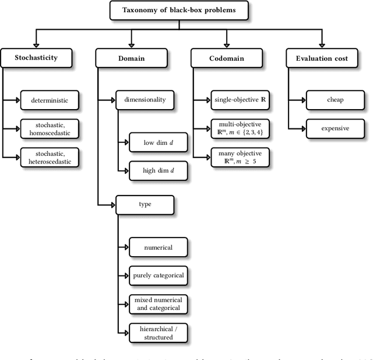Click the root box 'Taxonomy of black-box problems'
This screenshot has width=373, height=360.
pyautogui.click(x=178, y=10)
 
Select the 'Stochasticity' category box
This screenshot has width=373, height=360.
pyautogui.click(x=36, y=58)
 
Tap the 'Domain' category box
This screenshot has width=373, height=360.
pyautogui.click(x=132, y=58)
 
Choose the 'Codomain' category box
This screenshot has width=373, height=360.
pyautogui.click(x=226, y=58)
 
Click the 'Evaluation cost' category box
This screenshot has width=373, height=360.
pyautogui.click(x=322, y=58)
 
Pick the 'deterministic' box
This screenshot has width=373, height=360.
pyautogui.click(x=50, y=100)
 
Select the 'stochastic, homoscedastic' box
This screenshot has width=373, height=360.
pyautogui.click(x=50, y=128)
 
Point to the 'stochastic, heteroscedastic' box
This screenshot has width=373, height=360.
pyautogui.click(x=50, y=157)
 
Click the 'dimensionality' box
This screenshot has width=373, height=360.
pyautogui.click(x=145, y=100)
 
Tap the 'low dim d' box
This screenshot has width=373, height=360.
pyautogui.click(x=159, y=142)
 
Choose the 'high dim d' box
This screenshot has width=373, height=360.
pyautogui.click(x=159, y=170)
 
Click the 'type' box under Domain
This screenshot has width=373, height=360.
pyautogui.click(x=145, y=205)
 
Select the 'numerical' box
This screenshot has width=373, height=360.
pyautogui.click(x=159, y=247)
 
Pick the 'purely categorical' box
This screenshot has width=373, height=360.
pyautogui.click(x=159, y=275)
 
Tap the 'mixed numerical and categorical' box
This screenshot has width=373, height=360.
pyautogui.click(x=159, y=303)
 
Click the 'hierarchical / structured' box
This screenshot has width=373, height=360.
pyautogui.click(x=159, y=333)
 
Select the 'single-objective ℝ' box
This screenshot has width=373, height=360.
pyautogui.click(x=240, y=100)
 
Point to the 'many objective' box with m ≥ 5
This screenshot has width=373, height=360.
pyautogui.click(x=240, y=157)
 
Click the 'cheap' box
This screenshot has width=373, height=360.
pyautogui.click(x=335, y=100)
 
